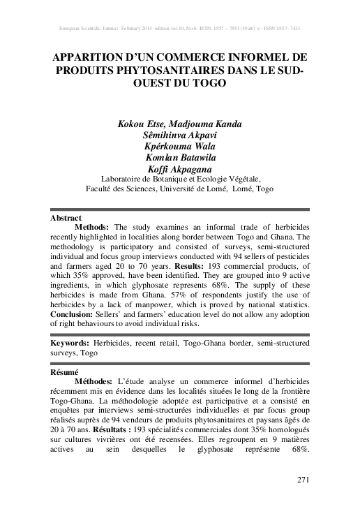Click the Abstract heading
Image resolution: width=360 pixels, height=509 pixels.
click(x=67, y=218)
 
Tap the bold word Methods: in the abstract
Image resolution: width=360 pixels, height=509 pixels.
click(x=91, y=228)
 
